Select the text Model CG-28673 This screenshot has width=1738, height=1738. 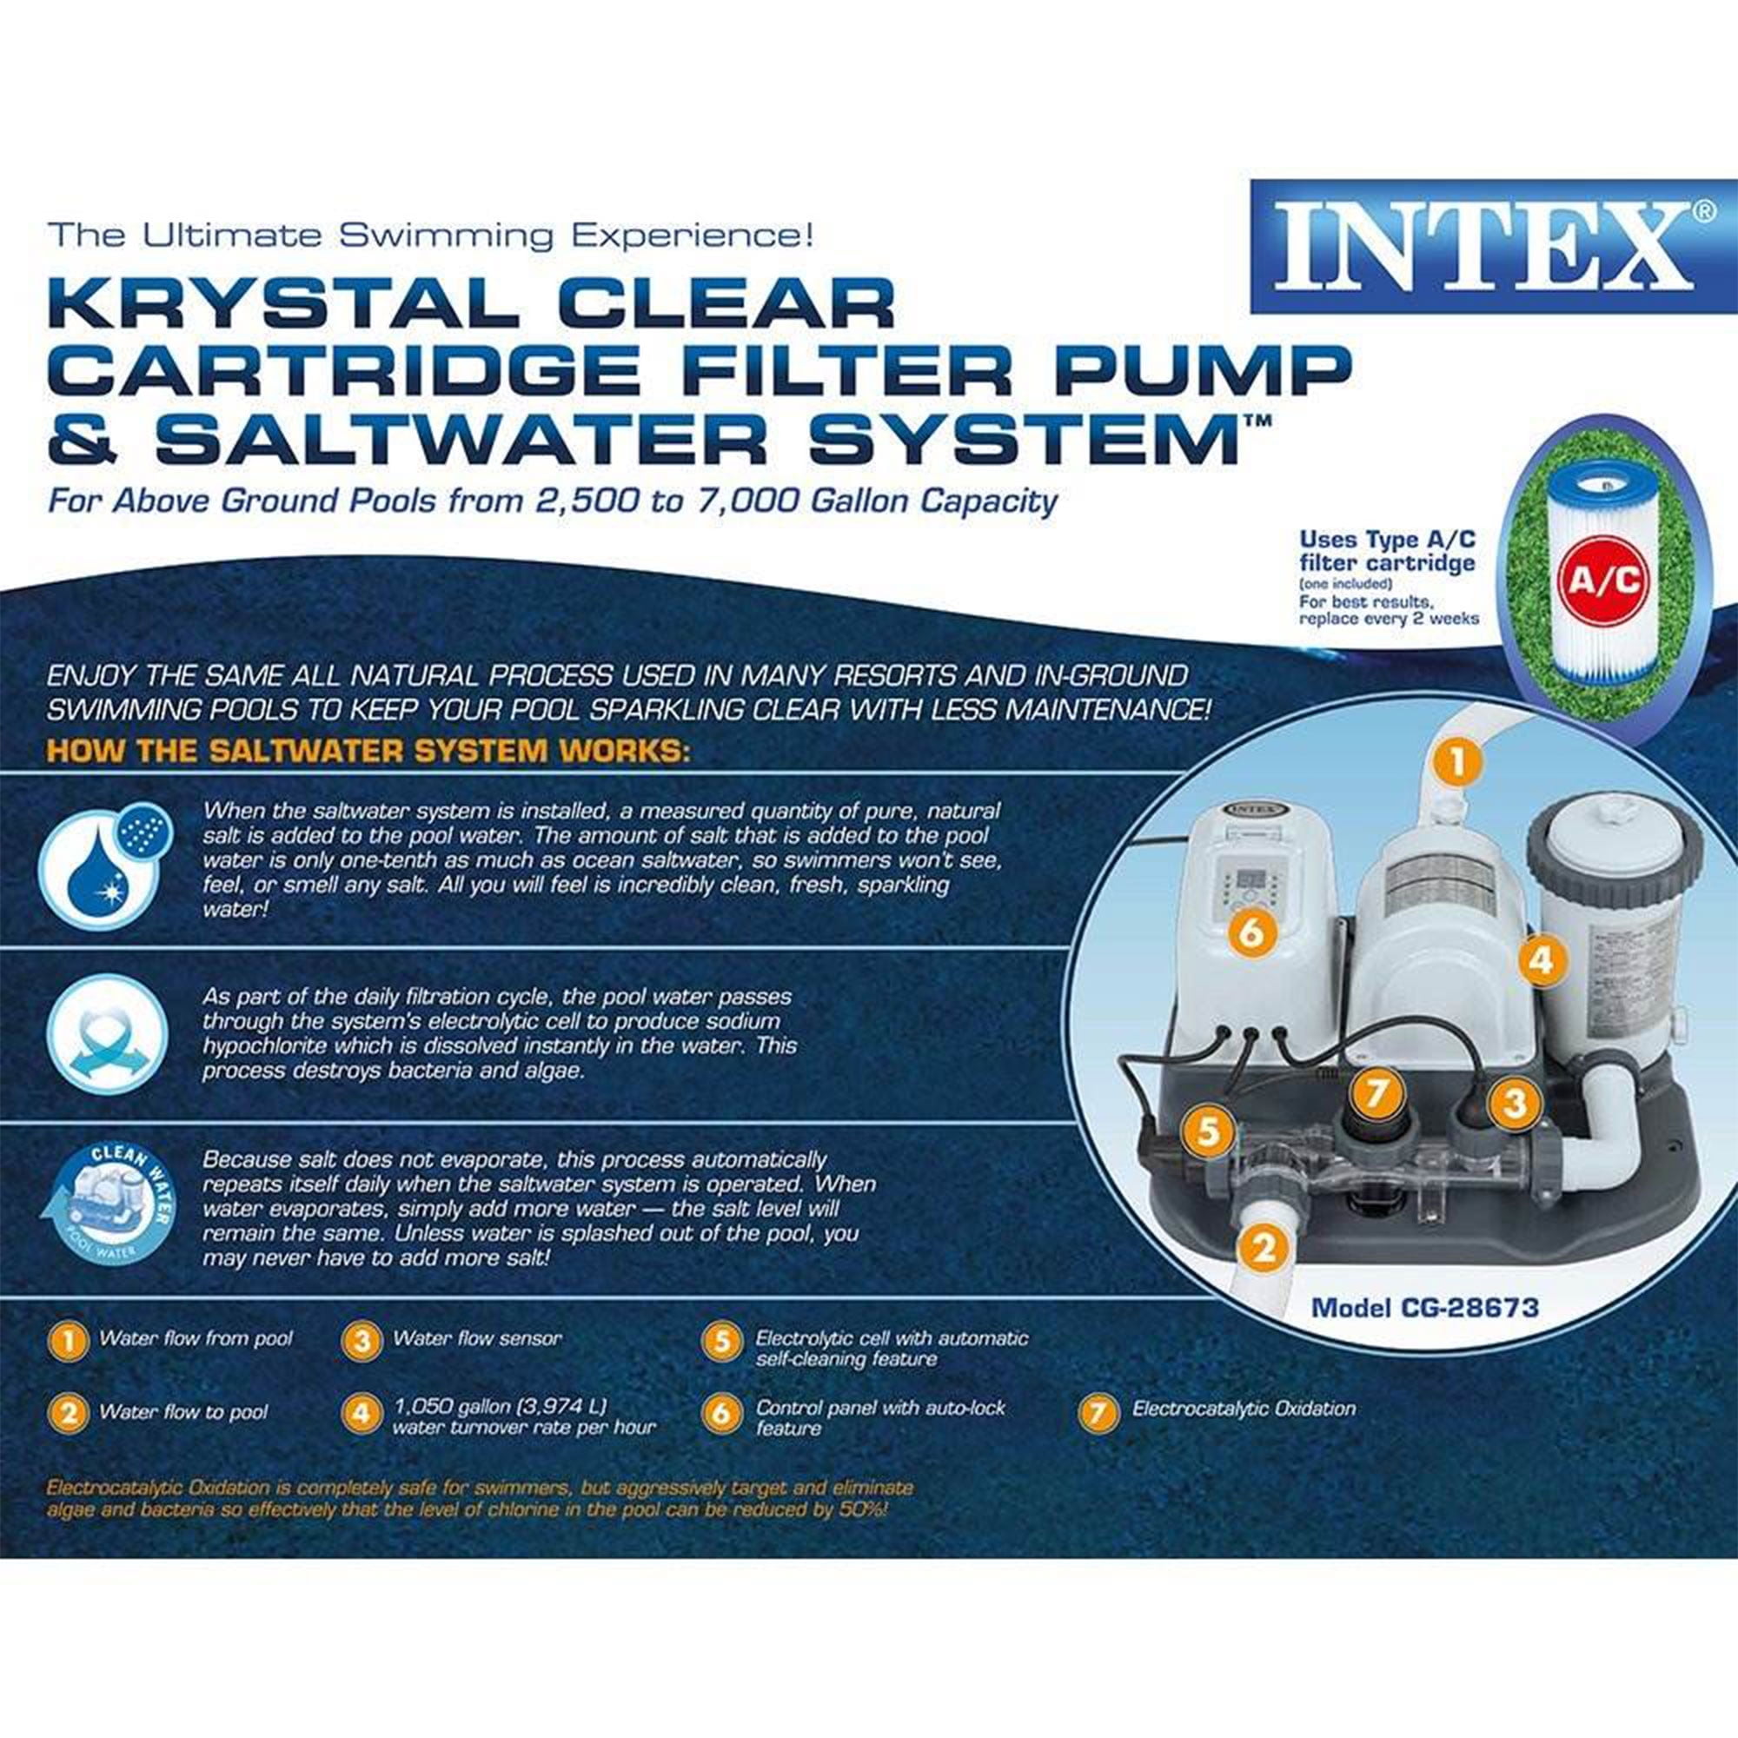(1425, 1307)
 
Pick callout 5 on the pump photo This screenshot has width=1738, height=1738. (1208, 1131)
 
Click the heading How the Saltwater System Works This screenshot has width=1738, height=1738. (368, 750)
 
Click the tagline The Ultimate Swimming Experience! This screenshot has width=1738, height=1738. (431, 235)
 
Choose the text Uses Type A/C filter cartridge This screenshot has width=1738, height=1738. (1387, 552)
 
